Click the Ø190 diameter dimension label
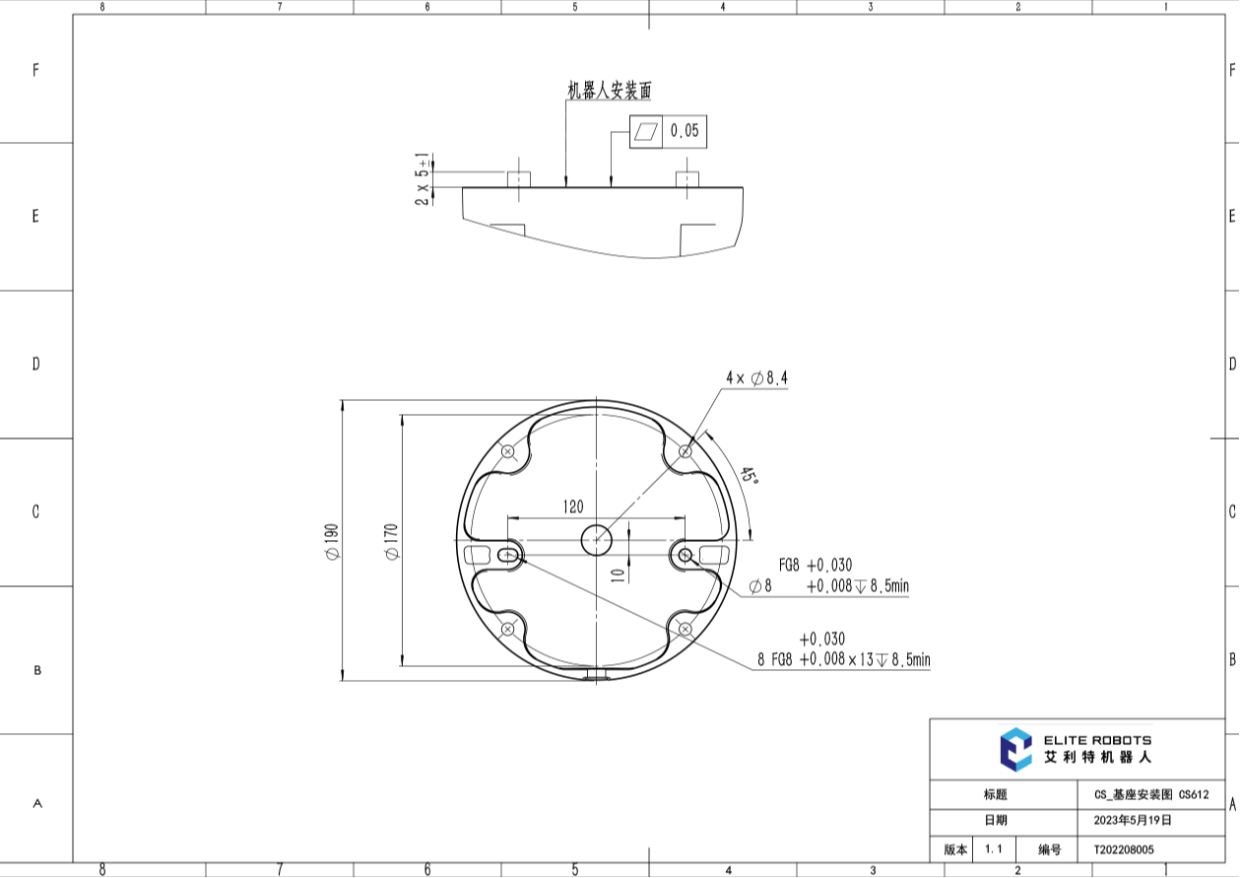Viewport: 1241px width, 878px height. pyautogui.click(x=333, y=542)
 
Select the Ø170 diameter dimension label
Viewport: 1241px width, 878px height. pyautogui.click(x=392, y=542)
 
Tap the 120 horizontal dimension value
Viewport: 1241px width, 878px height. pyautogui.click(x=573, y=507)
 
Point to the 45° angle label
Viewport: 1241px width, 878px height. pyautogui.click(x=749, y=475)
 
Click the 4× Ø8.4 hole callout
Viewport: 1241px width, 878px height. pyautogui.click(x=756, y=378)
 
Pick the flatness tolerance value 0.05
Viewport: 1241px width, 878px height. pyautogui.click(x=685, y=131)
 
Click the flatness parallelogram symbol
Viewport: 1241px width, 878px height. pyautogui.click(x=646, y=132)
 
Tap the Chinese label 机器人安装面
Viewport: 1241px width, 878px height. pyautogui.click(x=610, y=91)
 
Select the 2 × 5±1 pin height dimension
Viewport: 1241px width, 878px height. pyautogui.click(x=423, y=179)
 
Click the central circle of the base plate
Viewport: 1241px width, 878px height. pyautogui.click(x=596, y=540)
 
